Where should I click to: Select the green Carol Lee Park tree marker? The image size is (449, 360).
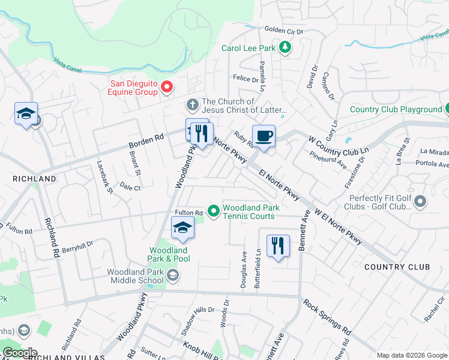tap(286, 47)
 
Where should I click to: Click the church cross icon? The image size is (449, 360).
tap(193, 106)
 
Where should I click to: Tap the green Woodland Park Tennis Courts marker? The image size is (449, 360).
tap(212, 211)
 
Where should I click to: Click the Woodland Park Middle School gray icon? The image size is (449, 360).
tap(173, 275)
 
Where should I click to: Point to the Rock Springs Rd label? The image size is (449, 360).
tap(327, 317)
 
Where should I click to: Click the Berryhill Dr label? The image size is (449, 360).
tap(78, 246)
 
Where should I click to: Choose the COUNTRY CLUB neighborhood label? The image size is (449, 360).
tap(397, 266)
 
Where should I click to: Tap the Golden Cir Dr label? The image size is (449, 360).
tap(285, 31)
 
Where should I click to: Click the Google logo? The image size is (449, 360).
tap(20, 353)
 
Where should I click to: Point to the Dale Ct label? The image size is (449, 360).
tap(130, 187)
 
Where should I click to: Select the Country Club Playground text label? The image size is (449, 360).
tap(396, 109)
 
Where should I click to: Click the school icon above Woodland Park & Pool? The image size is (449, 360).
tap(182, 227)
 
